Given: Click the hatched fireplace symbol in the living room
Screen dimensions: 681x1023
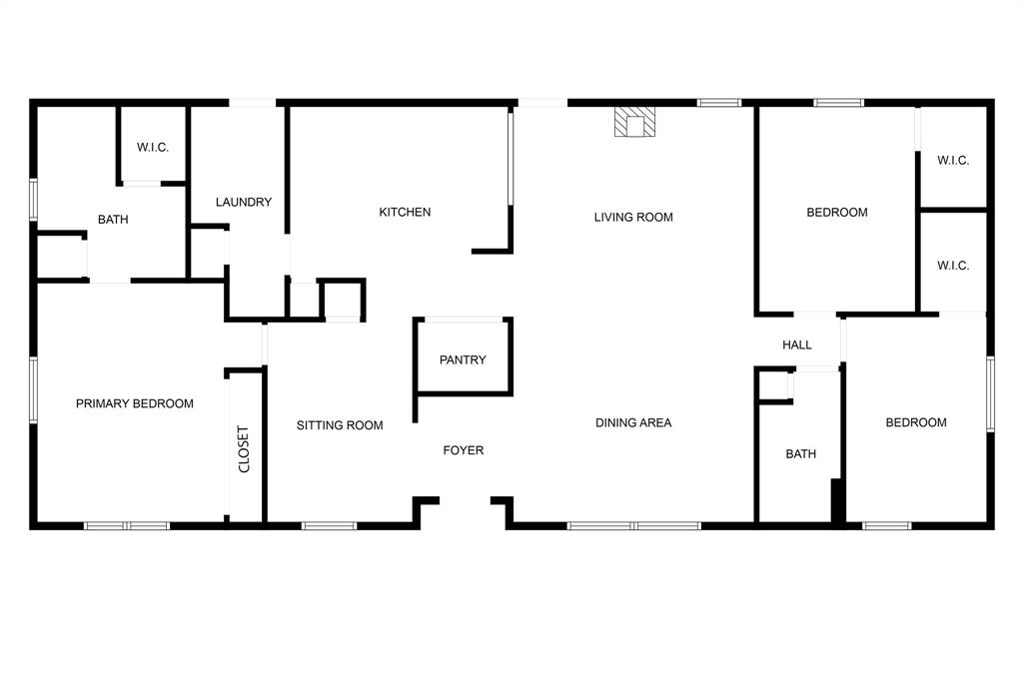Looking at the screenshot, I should pos(635,122).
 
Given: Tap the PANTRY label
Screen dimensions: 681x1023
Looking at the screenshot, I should pos(463,359).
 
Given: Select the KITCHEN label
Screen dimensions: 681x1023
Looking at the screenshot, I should pos(405,212).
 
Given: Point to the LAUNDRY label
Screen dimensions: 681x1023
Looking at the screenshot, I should pos(244,202).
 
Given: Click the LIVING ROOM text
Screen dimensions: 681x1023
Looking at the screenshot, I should pos(633,217).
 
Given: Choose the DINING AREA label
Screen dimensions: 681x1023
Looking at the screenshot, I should pos(633,422).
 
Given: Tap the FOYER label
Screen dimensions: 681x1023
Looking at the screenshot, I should pos(464,450).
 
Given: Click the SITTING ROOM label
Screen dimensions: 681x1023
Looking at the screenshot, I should pos(340,425).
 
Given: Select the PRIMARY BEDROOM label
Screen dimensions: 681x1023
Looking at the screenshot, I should pos(135,403).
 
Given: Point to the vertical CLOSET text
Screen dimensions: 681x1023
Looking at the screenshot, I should pos(244,448).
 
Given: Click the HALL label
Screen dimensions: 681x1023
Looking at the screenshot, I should pos(797,344).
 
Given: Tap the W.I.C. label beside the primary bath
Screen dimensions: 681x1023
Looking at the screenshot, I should pos(153,148).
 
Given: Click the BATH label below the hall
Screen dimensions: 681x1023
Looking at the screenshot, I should pos(800,453).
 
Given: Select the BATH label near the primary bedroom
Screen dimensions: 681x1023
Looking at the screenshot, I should pos(113,220).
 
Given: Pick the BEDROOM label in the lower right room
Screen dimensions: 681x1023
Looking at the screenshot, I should pos(916,422).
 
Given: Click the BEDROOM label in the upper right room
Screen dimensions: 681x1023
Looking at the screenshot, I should pos(837,212).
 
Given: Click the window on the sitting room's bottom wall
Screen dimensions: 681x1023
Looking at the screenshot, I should pos(330,525).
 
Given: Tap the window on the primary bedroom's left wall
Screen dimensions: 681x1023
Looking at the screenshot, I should pos(33,390).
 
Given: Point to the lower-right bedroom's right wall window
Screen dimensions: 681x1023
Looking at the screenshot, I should pos(991,394).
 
